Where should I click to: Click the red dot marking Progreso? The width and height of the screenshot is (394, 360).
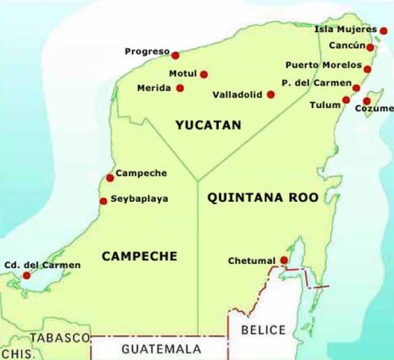(175, 55)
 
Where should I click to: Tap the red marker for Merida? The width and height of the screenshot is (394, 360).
(180, 88)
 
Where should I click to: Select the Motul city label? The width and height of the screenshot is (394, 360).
(181, 74)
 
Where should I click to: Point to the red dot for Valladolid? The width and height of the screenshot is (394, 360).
(270, 95)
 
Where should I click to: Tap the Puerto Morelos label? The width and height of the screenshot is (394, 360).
(322, 65)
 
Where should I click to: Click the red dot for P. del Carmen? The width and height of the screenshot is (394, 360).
(356, 88)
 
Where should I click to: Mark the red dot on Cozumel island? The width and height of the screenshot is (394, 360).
(367, 101)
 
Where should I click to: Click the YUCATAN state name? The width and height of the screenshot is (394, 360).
(209, 125)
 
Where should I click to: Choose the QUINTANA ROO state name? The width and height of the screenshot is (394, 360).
(263, 198)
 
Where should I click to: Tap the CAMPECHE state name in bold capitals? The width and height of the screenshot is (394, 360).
(139, 256)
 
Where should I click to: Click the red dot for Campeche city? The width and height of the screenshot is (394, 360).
(110, 177)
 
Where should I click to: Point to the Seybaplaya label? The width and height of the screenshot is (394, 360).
(139, 199)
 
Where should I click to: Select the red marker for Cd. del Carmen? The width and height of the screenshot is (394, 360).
(27, 275)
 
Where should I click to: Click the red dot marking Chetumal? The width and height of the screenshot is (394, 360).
(284, 260)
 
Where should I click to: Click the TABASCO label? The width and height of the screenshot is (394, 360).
(61, 338)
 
